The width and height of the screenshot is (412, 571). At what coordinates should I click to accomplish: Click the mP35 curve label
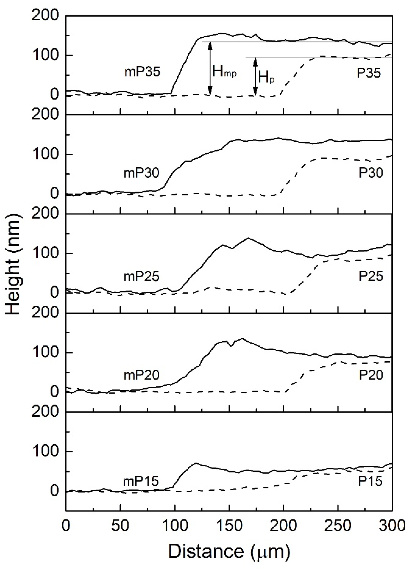[142, 72]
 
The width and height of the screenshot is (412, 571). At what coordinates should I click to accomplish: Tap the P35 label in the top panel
[369, 73]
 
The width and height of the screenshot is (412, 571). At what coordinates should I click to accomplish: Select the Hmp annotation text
[225, 72]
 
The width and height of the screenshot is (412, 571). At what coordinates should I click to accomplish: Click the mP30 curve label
[141, 173]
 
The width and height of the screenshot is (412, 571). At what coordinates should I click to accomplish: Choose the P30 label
[370, 173]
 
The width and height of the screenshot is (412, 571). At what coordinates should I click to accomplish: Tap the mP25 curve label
[141, 276]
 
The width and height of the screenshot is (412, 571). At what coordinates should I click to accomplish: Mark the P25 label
[370, 276]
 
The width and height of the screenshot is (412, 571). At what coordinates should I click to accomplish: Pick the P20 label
[371, 375]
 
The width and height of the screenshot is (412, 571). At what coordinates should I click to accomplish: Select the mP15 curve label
[141, 481]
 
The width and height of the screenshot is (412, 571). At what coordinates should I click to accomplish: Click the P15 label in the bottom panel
[370, 481]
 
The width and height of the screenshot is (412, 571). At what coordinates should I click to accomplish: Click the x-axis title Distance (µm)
[229, 551]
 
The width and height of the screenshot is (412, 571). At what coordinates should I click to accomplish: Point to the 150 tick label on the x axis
[229, 526]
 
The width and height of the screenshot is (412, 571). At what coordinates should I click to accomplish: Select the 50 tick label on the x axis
[120, 526]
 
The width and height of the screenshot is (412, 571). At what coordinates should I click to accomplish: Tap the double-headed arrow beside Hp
[255, 77]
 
